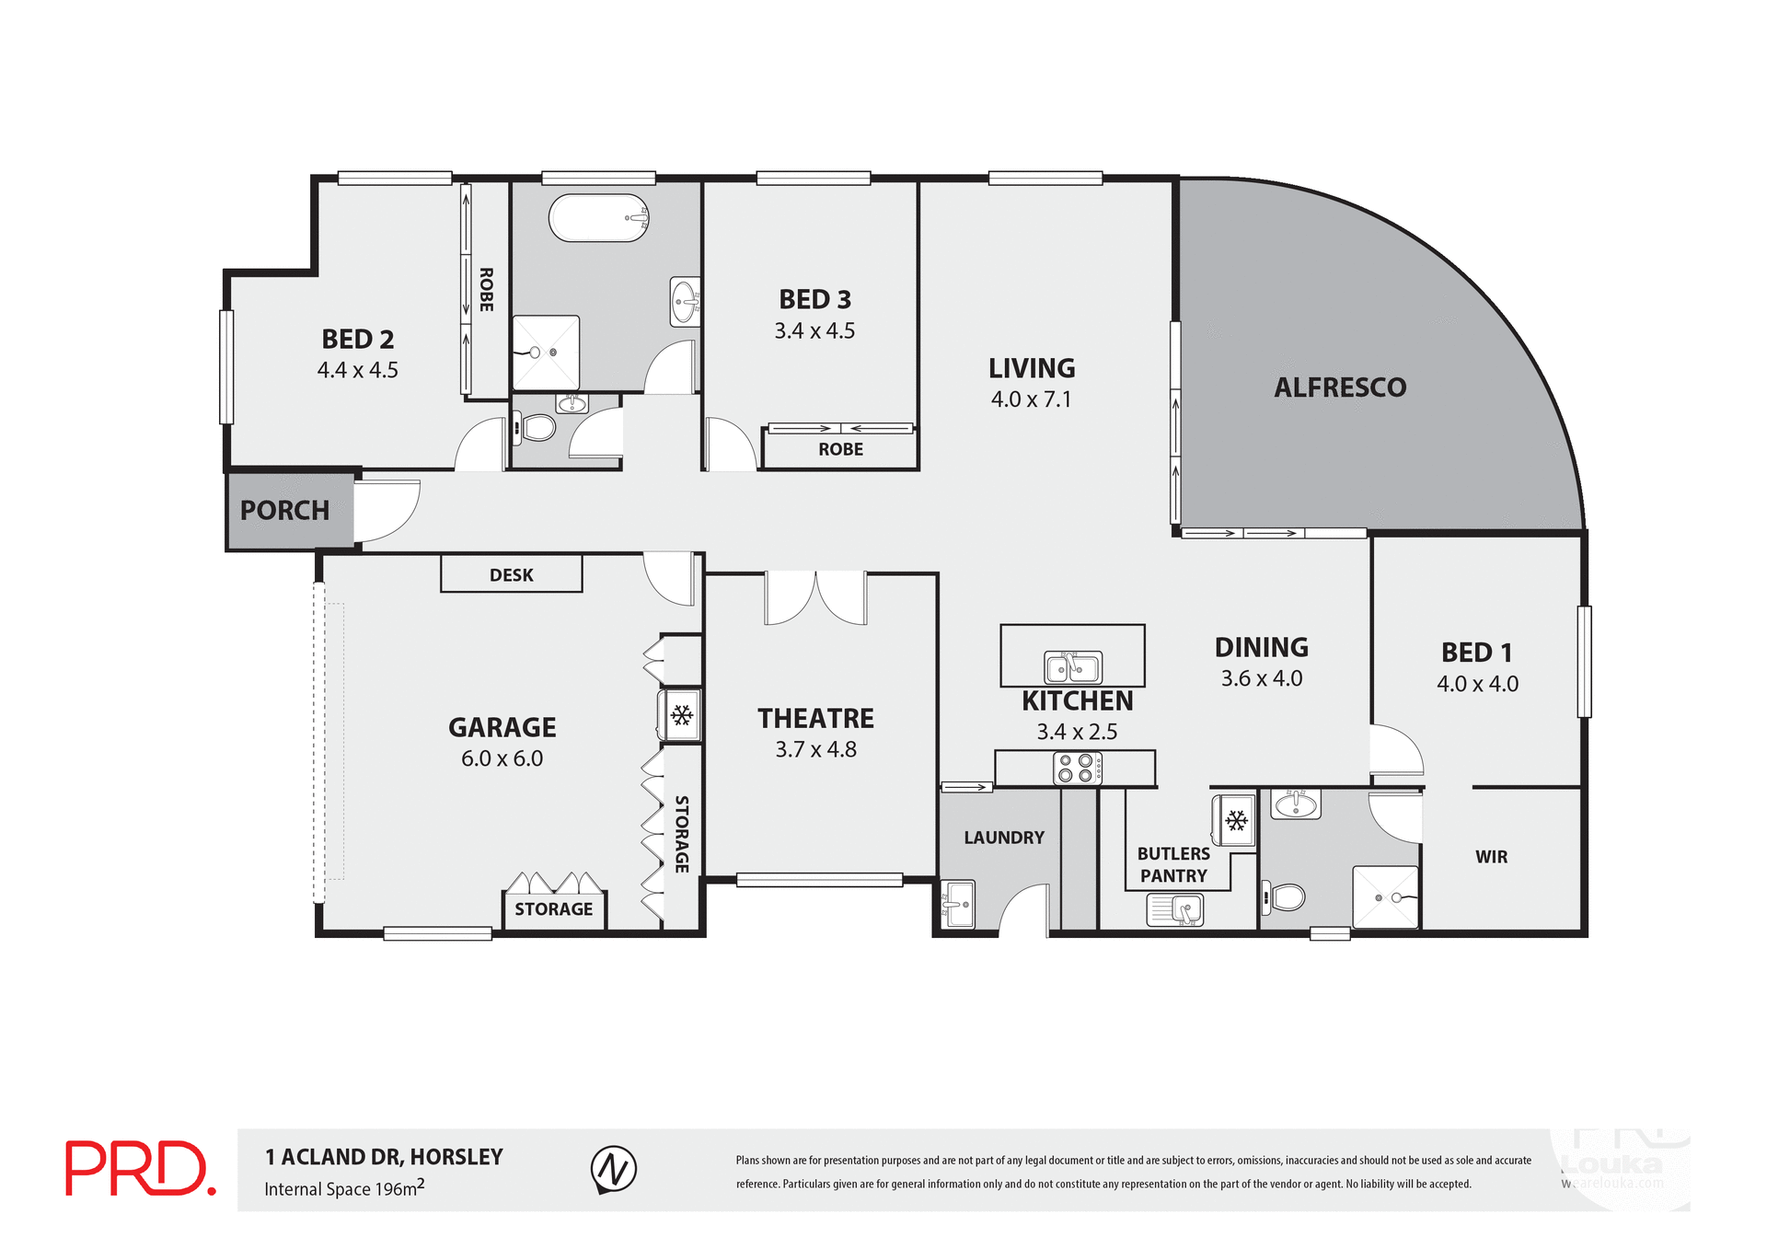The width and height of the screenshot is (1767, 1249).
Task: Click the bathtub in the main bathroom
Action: pyautogui.click(x=598, y=218)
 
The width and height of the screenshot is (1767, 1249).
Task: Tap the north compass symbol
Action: pyautogui.click(x=613, y=1169)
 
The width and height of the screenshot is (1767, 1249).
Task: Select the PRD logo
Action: pyautogui.click(x=140, y=1168)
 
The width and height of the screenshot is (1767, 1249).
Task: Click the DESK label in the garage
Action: pyautogui.click(x=511, y=575)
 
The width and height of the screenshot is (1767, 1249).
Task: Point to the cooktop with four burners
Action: pyautogui.click(x=1076, y=768)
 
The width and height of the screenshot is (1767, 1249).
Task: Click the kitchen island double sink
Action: pyautogui.click(x=1072, y=666)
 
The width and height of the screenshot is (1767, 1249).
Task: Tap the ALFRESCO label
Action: pyautogui.click(x=1340, y=387)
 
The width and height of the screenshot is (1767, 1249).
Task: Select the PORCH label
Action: pyautogui.click(x=284, y=511)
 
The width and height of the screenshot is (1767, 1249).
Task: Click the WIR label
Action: pyautogui.click(x=1491, y=857)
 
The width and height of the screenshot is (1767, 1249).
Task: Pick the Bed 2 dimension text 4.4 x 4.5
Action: pyautogui.click(x=357, y=370)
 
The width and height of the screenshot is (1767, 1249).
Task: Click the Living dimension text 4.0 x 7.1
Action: pyautogui.click(x=1031, y=399)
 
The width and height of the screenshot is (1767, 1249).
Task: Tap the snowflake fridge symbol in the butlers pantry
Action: pyautogui.click(x=1235, y=820)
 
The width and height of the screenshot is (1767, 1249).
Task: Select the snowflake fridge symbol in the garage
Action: pyautogui.click(x=681, y=715)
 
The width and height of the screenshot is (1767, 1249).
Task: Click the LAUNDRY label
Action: pyautogui.click(x=1003, y=838)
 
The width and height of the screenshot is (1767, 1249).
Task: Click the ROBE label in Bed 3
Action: pyautogui.click(x=840, y=449)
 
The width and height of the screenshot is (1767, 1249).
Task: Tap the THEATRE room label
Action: pyautogui.click(x=815, y=718)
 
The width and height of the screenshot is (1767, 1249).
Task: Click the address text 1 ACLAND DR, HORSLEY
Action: pyautogui.click(x=384, y=1157)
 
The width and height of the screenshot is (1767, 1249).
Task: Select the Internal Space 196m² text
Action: pyautogui.click(x=344, y=1188)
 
